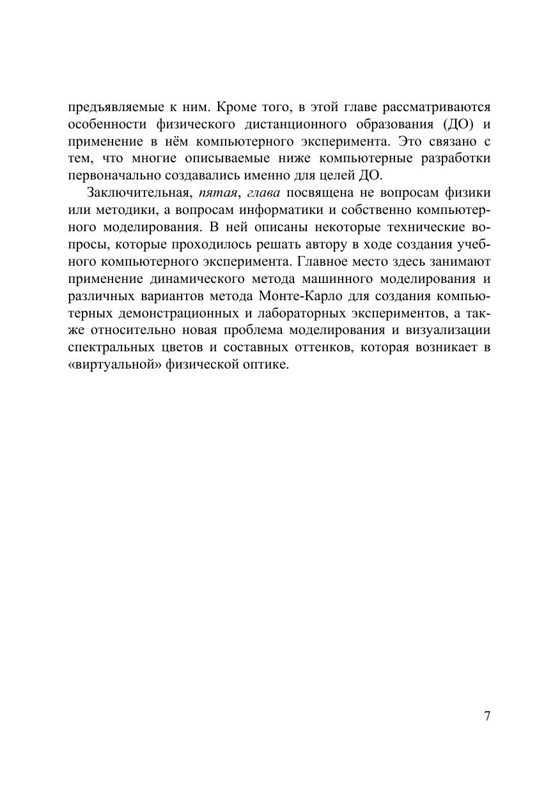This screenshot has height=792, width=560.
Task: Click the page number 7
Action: (x=487, y=716)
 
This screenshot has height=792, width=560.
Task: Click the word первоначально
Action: (x=113, y=176)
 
